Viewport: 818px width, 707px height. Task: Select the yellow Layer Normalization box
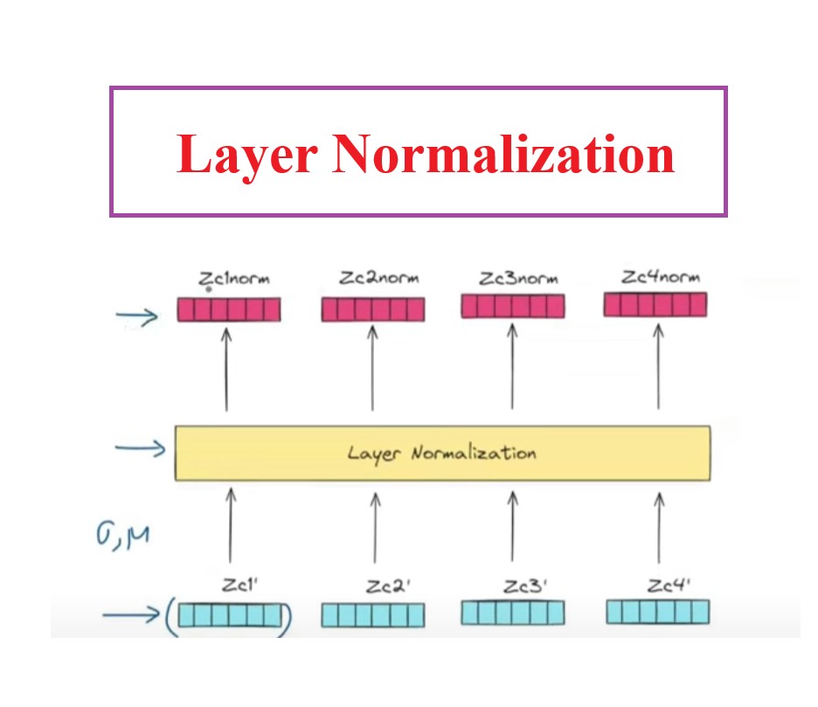click(442, 453)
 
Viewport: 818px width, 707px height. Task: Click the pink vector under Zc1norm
click(228, 309)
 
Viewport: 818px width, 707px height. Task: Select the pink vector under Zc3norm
click(512, 305)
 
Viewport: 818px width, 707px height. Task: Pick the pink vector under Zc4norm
click(655, 304)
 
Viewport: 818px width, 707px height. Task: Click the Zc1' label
click(237, 587)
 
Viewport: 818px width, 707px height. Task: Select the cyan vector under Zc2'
click(373, 615)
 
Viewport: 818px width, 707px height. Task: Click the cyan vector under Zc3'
click(512, 612)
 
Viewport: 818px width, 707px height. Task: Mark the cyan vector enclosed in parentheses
click(232, 616)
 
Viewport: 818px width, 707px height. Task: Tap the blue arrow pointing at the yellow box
click(140, 449)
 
